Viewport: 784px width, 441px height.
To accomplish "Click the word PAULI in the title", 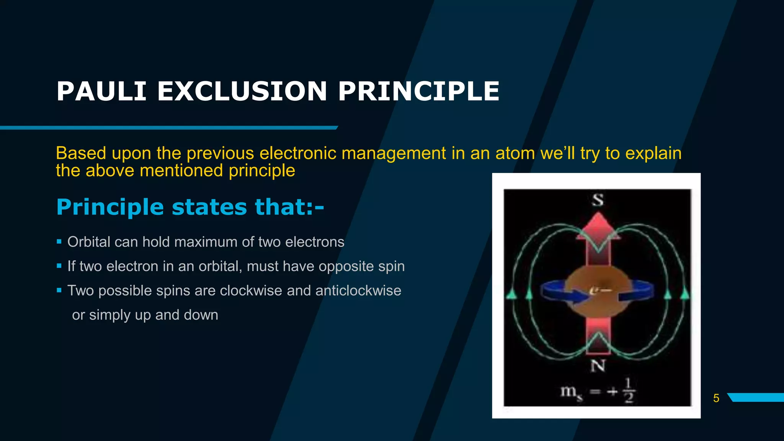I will click(x=101, y=91).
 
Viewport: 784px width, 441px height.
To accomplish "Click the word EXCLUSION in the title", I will click(x=242, y=91).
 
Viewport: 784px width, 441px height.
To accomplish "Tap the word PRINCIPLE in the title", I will click(x=418, y=91).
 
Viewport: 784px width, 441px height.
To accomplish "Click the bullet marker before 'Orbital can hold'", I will click(x=59, y=242).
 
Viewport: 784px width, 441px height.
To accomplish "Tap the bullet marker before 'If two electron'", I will click(x=59, y=266).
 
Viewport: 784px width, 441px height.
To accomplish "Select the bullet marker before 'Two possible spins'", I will click(x=59, y=290).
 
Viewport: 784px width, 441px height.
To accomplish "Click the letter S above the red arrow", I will click(x=598, y=200).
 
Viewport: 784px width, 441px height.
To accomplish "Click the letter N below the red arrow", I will click(x=598, y=366).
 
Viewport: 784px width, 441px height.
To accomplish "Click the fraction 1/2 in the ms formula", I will click(x=629, y=390).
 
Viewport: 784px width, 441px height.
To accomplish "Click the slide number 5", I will click(x=716, y=398).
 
